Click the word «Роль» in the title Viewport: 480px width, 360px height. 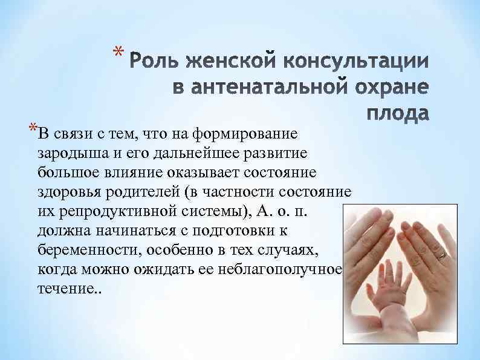click(x=157, y=63)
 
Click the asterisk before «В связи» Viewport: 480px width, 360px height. click(x=31, y=129)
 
